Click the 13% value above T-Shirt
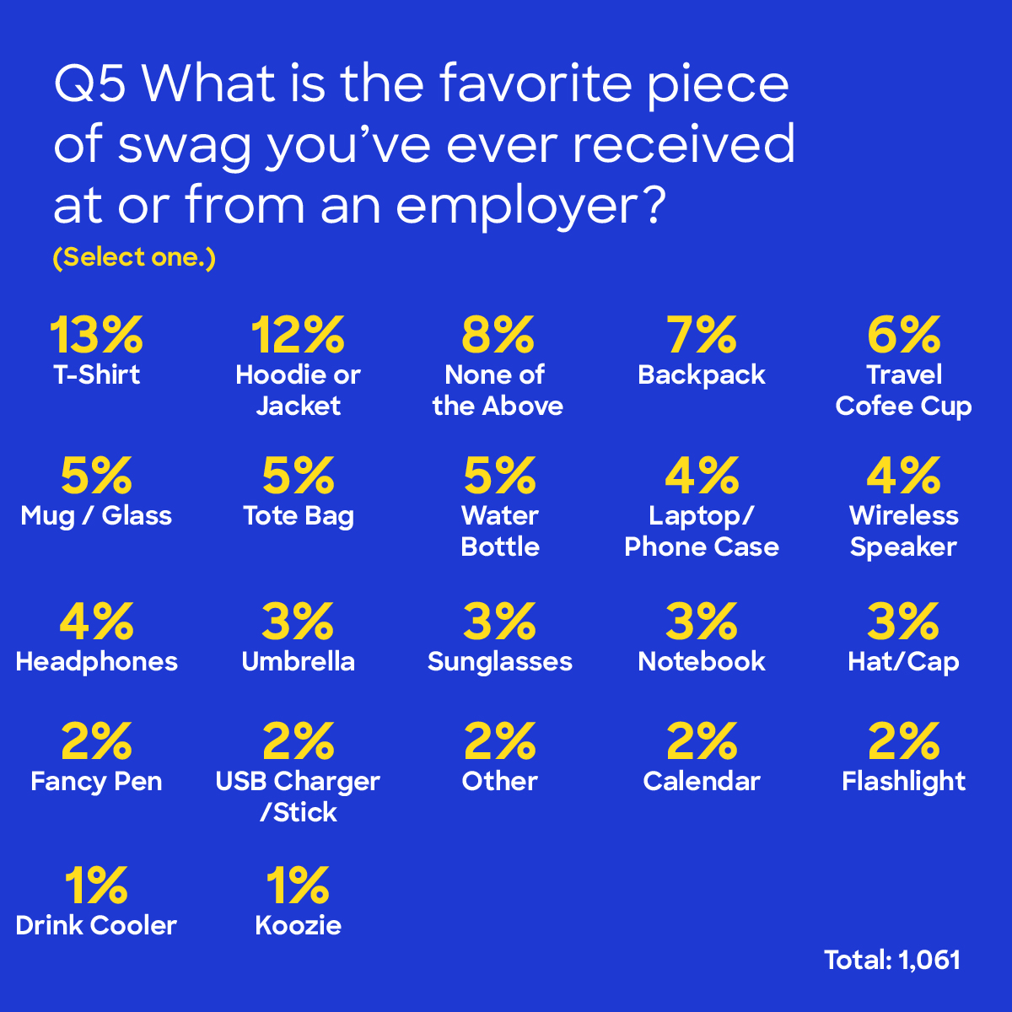point(96,335)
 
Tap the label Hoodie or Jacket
point(298,390)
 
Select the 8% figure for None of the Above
point(498,335)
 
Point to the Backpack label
point(702,374)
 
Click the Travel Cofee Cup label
point(903,390)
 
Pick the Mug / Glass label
point(96,515)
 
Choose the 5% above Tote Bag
point(298,476)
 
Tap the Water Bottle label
point(500,531)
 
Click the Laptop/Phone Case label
point(702,531)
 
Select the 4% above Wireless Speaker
point(903,476)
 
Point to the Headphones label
point(96,661)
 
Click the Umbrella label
point(298,661)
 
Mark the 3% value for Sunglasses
point(500,622)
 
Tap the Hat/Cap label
point(903,661)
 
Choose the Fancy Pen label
point(96,781)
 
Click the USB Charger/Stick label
point(298,797)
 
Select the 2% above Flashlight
point(903,741)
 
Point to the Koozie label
point(298,925)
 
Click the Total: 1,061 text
point(892,960)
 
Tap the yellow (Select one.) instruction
point(134,257)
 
